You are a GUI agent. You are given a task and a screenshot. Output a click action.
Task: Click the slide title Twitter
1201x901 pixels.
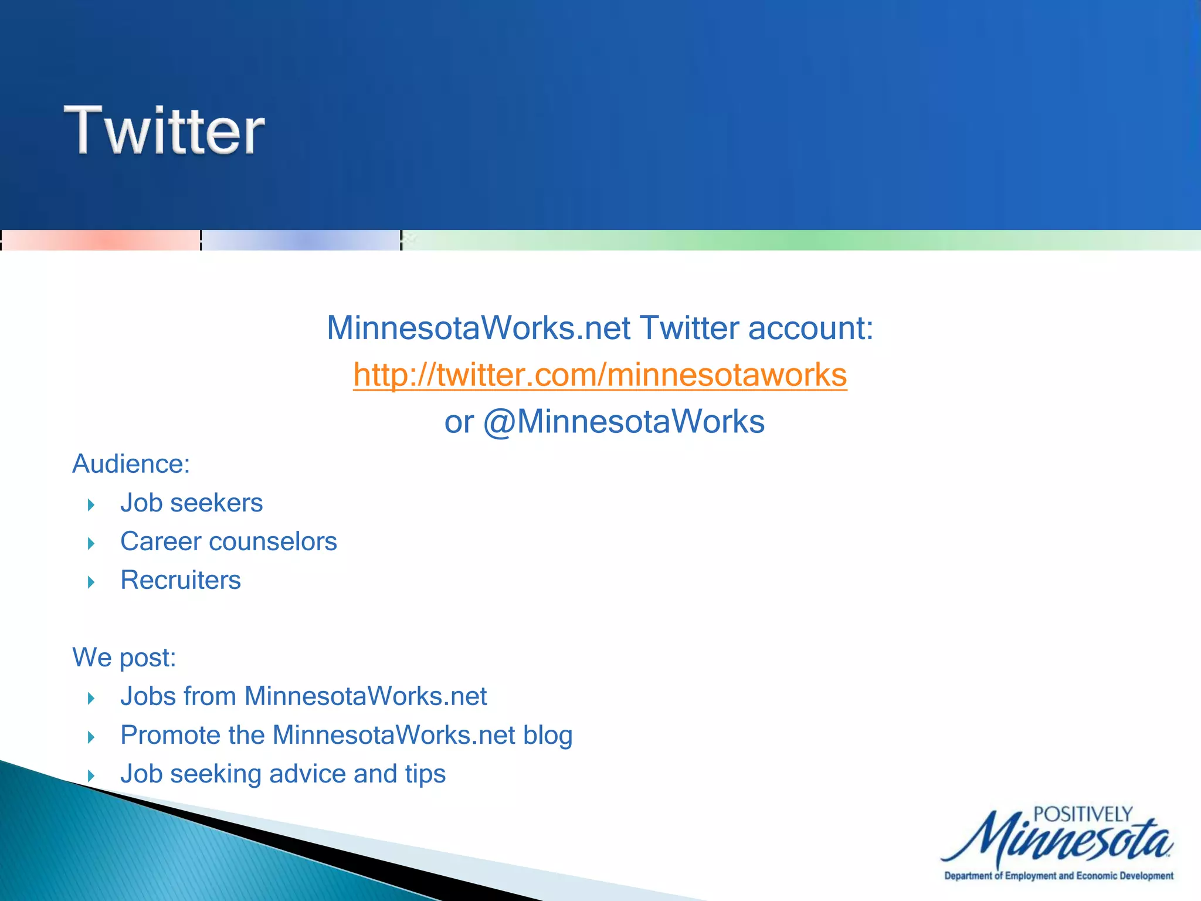[x=164, y=130]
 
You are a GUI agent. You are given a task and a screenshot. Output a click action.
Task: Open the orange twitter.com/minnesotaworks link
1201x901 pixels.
[x=600, y=375]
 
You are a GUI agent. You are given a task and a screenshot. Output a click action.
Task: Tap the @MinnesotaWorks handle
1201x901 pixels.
[x=623, y=422]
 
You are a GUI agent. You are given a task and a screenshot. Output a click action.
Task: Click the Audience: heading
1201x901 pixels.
[x=131, y=464]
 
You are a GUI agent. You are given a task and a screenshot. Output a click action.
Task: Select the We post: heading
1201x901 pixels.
[x=124, y=658]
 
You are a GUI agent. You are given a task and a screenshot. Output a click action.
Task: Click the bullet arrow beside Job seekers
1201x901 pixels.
[x=91, y=505]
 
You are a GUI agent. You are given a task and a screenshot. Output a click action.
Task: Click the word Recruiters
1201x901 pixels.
[x=181, y=580]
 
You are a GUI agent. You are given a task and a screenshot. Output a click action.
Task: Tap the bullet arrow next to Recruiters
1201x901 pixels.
[x=91, y=582]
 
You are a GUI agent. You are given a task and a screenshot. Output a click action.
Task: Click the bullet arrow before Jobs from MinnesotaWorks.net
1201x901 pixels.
[x=91, y=699]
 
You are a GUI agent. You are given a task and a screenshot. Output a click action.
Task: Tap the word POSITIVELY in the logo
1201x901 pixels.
[x=1083, y=815]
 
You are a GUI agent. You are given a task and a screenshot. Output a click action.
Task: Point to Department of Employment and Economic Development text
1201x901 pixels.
[x=1058, y=876]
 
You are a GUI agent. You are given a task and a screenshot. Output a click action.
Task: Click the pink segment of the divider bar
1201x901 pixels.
[x=101, y=241]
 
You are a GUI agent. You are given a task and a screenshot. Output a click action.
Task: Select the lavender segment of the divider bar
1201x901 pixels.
[x=301, y=241]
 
